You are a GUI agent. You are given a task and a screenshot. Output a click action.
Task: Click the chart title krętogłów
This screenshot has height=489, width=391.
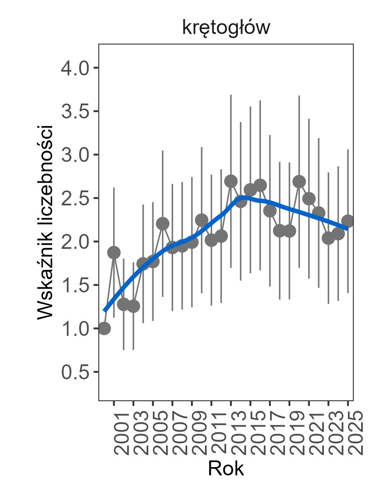(x=226, y=28)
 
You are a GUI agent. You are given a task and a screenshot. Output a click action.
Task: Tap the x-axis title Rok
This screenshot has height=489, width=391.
(x=226, y=469)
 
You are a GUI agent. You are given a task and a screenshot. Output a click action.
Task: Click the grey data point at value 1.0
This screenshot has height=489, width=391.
(x=104, y=329)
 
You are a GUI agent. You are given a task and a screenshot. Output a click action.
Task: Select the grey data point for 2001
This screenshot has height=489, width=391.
(x=114, y=253)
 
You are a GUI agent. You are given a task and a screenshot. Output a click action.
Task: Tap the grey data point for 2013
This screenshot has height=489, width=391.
(x=231, y=181)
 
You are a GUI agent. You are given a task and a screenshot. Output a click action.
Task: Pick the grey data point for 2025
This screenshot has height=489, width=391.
(x=348, y=221)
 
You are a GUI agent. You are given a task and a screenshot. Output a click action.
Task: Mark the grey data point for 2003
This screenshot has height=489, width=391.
(x=133, y=306)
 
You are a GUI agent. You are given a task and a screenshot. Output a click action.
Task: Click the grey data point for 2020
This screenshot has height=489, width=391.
(x=299, y=182)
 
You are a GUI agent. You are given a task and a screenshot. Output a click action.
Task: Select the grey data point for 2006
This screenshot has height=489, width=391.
(x=163, y=224)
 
